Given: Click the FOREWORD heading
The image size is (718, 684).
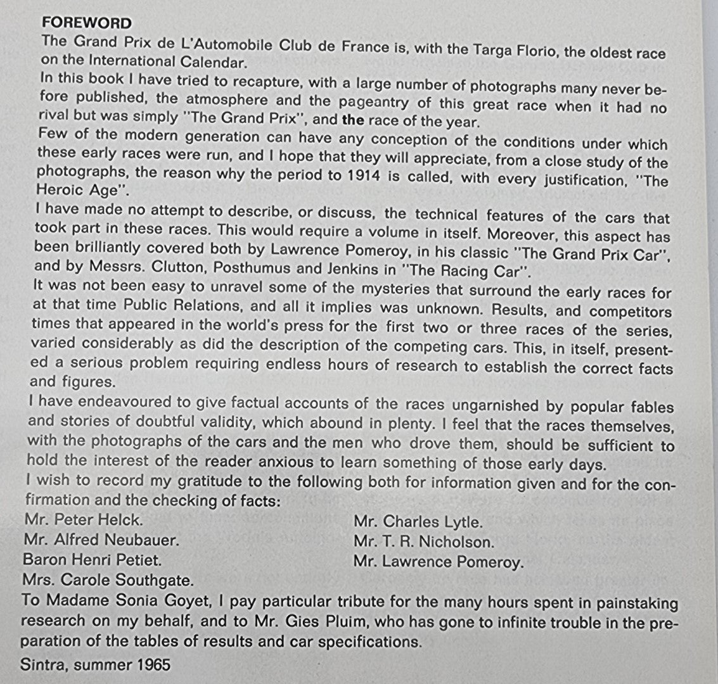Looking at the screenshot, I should [x=86, y=23].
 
